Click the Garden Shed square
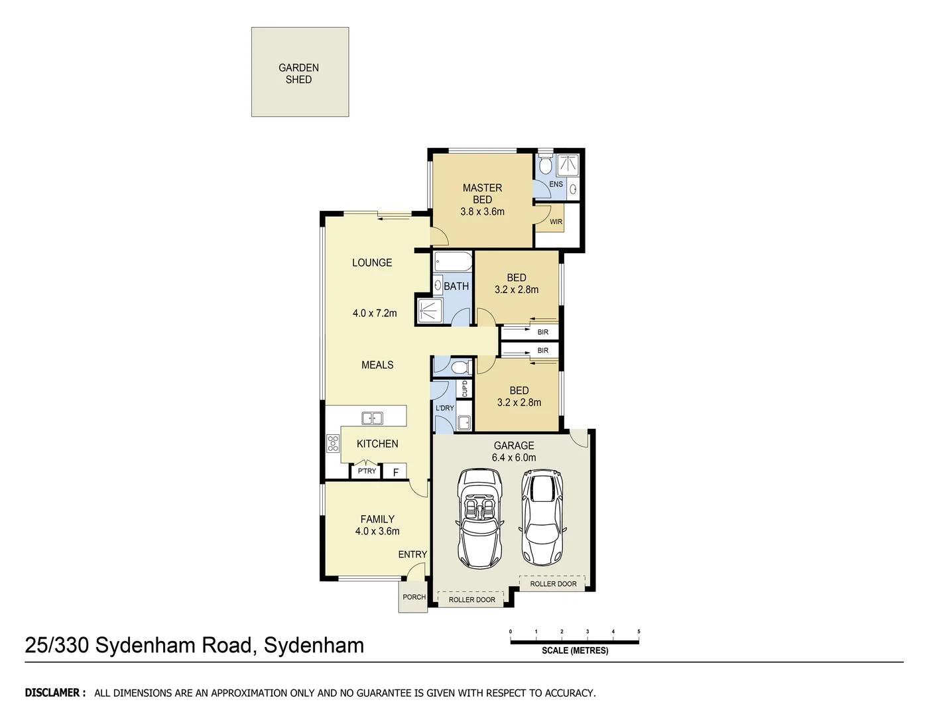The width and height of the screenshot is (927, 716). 300,72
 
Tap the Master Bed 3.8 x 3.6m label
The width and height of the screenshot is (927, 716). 482,200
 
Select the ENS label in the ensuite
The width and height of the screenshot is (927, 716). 556,184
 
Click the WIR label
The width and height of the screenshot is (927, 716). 556,222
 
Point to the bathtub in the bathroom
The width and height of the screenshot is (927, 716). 453,262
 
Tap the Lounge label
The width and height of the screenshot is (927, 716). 372,263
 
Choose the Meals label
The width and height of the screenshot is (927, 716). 377,365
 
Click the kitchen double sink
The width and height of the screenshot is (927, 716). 372,418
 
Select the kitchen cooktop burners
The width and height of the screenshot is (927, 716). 333,443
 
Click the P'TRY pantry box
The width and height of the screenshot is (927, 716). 367,471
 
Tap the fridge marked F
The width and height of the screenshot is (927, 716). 395,472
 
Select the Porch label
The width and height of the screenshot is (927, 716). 414,597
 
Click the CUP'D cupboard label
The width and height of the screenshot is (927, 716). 465,388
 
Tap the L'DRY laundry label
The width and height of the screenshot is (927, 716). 444,408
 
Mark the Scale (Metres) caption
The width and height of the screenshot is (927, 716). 574,650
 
